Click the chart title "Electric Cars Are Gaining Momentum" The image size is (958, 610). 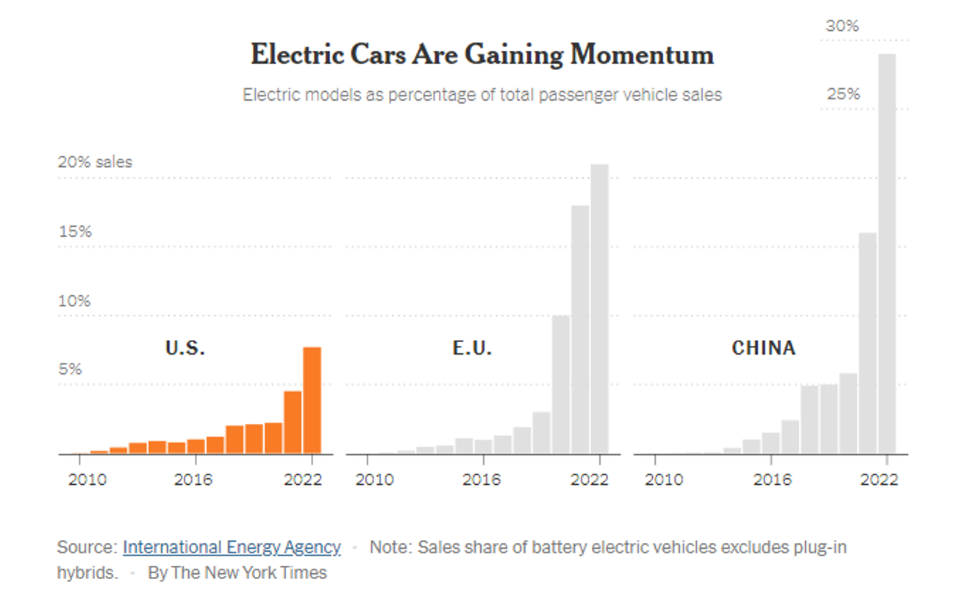pyautogui.click(x=482, y=54)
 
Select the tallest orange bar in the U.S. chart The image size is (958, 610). pyautogui.click(x=312, y=400)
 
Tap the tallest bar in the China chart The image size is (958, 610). pyautogui.click(x=887, y=254)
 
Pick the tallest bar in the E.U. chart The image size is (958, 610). pyautogui.click(x=599, y=309)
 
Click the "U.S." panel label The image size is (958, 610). pyautogui.click(x=185, y=347)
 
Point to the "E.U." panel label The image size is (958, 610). pyautogui.click(x=472, y=347)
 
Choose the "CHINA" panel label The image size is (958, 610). pyautogui.click(x=763, y=347)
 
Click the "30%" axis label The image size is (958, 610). pyautogui.click(x=842, y=26)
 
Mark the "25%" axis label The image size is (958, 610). pyautogui.click(x=842, y=94)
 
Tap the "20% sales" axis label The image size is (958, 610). pyautogui.click(x=95, y=162)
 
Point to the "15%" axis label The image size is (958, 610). pyautogui.click(x=75, y=232)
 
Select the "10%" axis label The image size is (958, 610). pyautogui.click(x=75, y=301)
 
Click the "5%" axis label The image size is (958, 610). pyautogui.click(x=71, y=369)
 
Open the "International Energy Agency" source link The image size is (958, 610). pyautogui.click(x=232, y=547)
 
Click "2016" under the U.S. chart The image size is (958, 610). pyautogui.click(x=194, y=480)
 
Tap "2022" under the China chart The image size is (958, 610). pyautogui.click(x=880, y=480)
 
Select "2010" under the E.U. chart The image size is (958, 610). pyautogui.click(x=374, y=480)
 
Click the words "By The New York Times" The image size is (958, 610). pyautogui.click(x=237, y=572)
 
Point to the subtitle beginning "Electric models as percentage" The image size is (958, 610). pyautogui.click(x=482, y=95)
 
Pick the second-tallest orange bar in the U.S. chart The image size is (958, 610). pyautogui.click(x=293, y=422)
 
